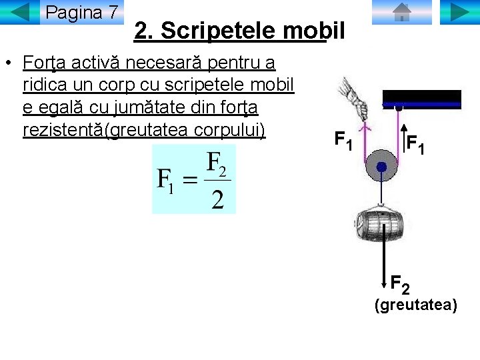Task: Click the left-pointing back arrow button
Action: pos(20,12)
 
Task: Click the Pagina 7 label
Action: pos(82,12)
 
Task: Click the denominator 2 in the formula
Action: pos(217,199)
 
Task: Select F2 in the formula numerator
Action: pos(217,163)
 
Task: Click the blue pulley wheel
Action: pos(381,169)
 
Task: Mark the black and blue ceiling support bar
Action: pos(423,99)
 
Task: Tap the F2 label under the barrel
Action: pos(399,285)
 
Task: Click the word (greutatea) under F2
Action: pos(415,305)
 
